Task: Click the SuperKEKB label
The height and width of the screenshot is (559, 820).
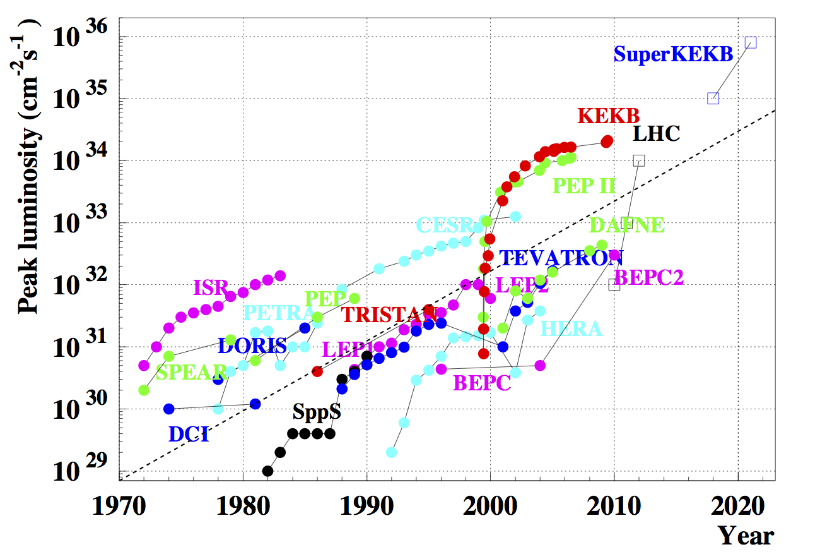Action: (x=673, y=54)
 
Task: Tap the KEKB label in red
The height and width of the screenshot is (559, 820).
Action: (x=609, y=116)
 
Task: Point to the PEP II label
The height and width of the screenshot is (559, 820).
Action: (x=584, y=186)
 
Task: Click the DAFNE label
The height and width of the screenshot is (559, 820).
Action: (x=627, y=225)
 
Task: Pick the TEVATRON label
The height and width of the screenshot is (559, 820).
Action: (x=561, y=258)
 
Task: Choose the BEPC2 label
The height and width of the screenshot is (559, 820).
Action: (x=648, y=277)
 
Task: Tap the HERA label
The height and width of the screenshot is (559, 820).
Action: (x=571, y=328)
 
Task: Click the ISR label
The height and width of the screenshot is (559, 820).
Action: (x=210, y=288)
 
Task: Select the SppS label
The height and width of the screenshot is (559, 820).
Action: (x=317, y=412)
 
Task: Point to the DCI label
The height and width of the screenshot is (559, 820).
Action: (x=189, y=435)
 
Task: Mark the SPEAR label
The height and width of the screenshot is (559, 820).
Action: (x=191, y=373)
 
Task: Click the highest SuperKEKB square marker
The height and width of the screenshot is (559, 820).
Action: (x=751, y=42)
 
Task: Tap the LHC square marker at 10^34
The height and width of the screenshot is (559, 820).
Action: (x=639, y=160)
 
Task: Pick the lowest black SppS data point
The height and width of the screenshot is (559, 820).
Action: (x=267, y=471)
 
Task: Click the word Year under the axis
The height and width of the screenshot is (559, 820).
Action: (x=746, y=536)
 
